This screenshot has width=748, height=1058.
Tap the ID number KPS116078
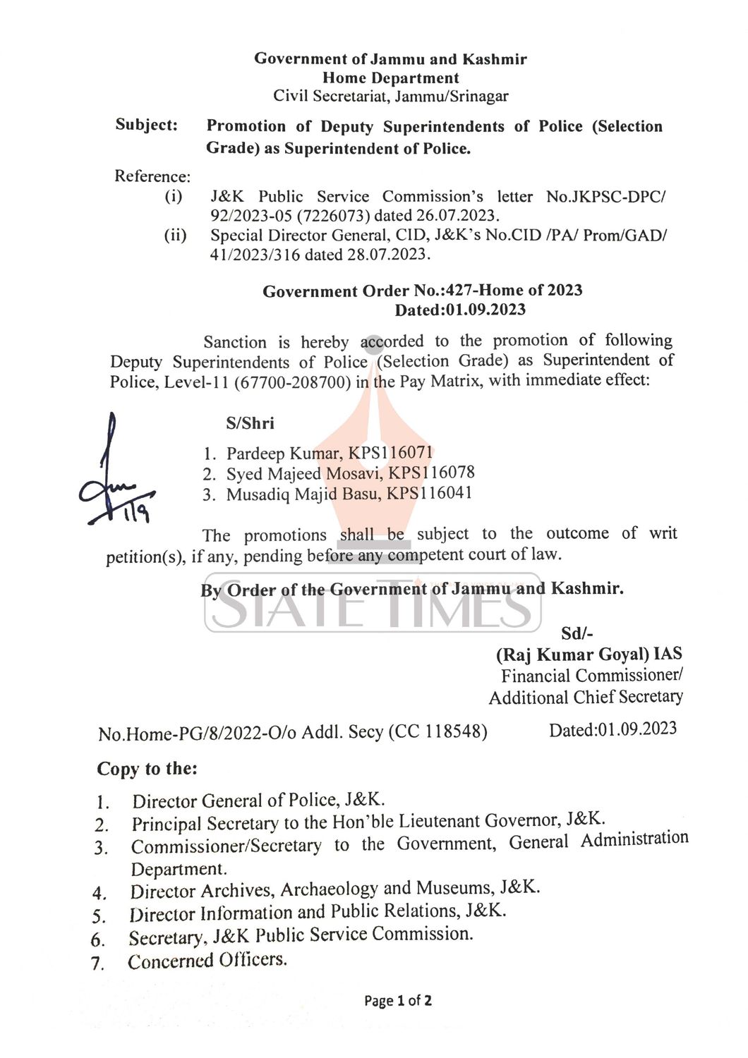click(x=432, y=473)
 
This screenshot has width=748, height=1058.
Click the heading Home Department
click(x=390, y=78)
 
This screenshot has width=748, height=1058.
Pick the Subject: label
click(x=147, y=126)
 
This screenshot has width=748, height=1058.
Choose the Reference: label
click(x=152, y=176)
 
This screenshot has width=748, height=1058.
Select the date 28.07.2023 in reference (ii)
click(x=388, y=254)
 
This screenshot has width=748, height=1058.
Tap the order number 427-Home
click(x=485, y=291)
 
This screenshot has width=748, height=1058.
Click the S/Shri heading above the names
click(x=250, y=423)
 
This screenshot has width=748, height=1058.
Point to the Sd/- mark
click(x=577, y=634)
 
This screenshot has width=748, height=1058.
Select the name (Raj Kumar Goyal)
click(x=572, y=655)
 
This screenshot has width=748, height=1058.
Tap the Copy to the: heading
click(x=147, y=769)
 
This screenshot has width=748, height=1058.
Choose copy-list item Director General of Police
click(x=258, y=801)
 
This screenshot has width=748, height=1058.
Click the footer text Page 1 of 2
click(x=398, y=1000)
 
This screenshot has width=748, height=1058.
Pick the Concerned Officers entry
click(x=207, y=961)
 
